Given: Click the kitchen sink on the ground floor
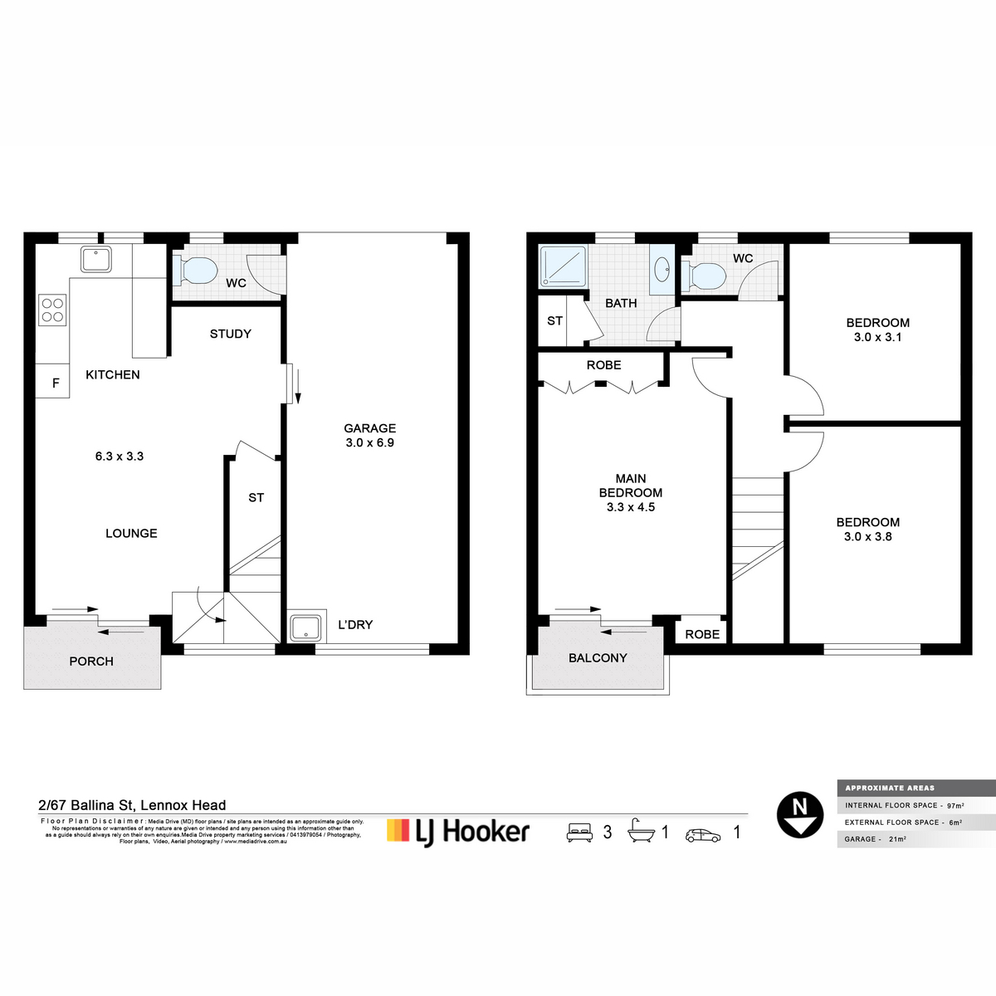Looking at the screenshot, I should click(x=96, y=260).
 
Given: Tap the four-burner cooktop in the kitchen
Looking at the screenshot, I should click(x=52, y=310).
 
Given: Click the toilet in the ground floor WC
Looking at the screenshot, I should click(x=196, y=270).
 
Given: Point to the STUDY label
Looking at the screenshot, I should click(x=230, y=334).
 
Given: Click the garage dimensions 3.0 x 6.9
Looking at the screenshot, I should click(x=370, y=443).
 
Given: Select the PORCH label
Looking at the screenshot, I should click(x=91, y=662).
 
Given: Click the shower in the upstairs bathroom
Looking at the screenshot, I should click(x=564, y=266).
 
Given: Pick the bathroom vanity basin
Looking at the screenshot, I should click(x=662, y=269).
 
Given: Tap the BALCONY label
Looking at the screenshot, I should click(x=598, y=658).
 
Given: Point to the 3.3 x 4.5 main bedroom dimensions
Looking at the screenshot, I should click(x=631, y=507).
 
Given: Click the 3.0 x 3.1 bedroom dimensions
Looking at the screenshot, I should click(x=877, y=337).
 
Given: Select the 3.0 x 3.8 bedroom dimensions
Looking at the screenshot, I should click(x=868, y=537).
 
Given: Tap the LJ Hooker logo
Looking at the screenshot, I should click(x=458, y=832).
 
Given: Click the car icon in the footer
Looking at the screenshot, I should click(x=703, y=835).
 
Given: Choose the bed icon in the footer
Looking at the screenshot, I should click(x=579, y=832).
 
